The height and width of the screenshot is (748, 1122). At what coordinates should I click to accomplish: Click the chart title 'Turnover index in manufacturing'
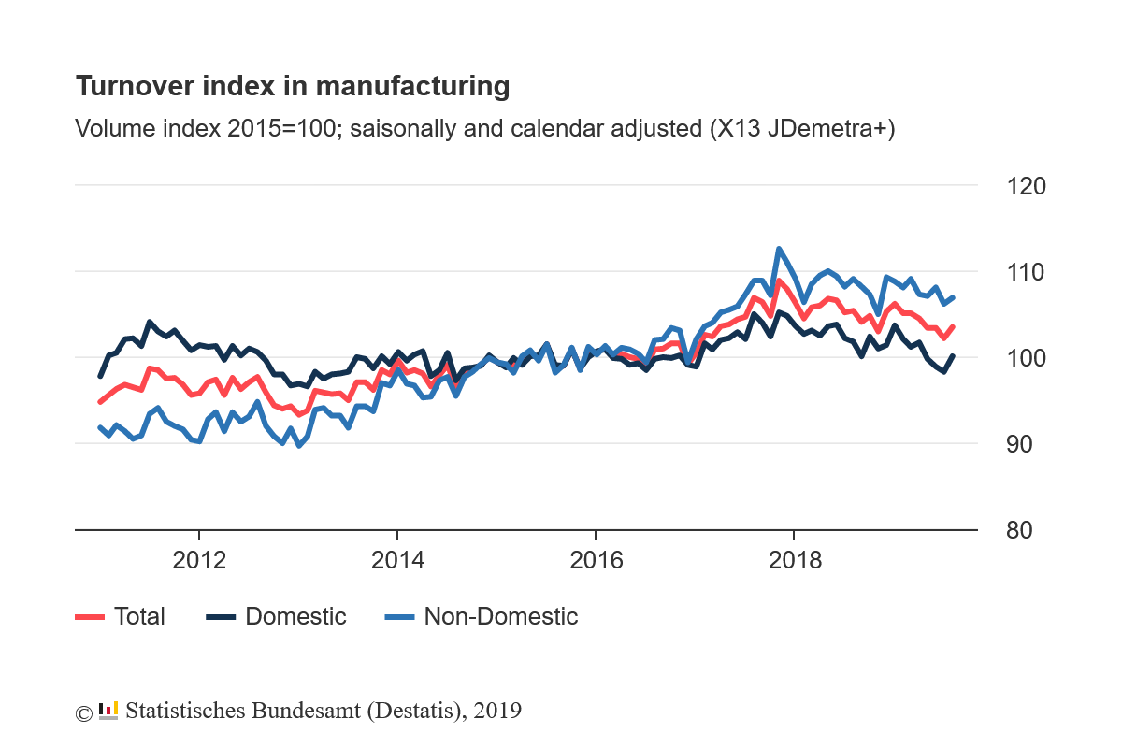[x=292, y=86]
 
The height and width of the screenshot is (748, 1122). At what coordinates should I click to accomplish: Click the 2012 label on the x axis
[x=199, y=561]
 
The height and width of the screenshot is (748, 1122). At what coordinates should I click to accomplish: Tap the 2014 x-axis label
[x=397, y=561]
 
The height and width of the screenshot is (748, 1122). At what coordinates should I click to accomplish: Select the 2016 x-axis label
[x=596, y=561]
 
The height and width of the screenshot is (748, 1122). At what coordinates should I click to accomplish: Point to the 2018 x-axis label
[x=794, y=561]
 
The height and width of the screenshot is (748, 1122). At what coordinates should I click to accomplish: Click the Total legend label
[x=139, y=616]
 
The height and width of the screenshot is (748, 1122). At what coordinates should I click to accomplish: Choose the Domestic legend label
[x=295, y=616]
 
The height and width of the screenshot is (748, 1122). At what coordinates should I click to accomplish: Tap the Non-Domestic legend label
[x=501, y=616]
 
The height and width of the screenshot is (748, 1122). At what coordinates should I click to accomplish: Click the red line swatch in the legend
[x=90, y=616]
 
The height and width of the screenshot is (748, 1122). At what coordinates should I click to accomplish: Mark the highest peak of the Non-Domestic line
[x=778, y=249]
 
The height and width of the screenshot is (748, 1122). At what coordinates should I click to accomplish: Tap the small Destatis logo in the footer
[x=108, y=711]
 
